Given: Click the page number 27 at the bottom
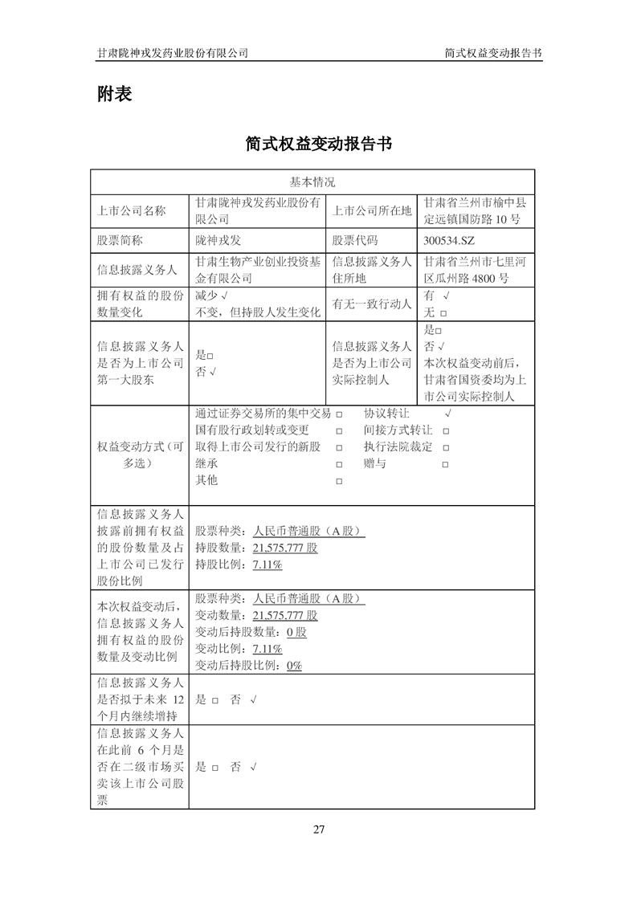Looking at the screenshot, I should click(318, 829).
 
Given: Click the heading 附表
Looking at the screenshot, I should click(114, 94).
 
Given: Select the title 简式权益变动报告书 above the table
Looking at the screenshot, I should click(318, 144).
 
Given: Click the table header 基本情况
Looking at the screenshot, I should click(312, 182).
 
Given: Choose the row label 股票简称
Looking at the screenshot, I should click(120, 240).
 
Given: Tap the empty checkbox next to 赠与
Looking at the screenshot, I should click(445, 464).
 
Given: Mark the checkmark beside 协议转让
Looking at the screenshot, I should click(447, 414).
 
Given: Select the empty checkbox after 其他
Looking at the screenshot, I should click(339, 481).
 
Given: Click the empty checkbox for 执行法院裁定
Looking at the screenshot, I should click(445, 447).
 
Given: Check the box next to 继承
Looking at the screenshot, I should click(339, 464).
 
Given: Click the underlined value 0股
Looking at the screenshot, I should click(296, 632).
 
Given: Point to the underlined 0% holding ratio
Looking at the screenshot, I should click(292, 666).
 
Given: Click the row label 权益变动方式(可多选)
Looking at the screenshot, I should click(139, 455).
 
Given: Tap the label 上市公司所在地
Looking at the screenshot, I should click(371, 211).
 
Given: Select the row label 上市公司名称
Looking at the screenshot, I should click(131, 211).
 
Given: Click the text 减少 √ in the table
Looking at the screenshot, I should click(213, 296).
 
